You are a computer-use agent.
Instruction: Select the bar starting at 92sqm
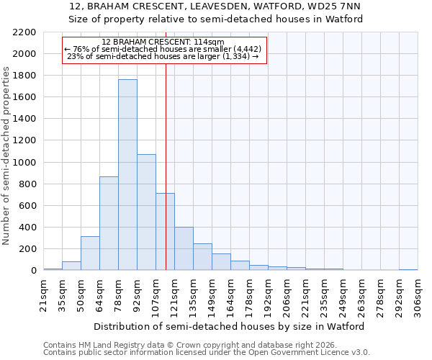click(146, 212)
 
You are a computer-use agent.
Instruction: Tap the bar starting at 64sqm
click(109, 223)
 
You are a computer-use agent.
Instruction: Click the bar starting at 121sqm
click(184, 249)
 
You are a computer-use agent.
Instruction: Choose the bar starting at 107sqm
click(165, 232)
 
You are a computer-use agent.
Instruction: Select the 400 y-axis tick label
click(27, 228)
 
